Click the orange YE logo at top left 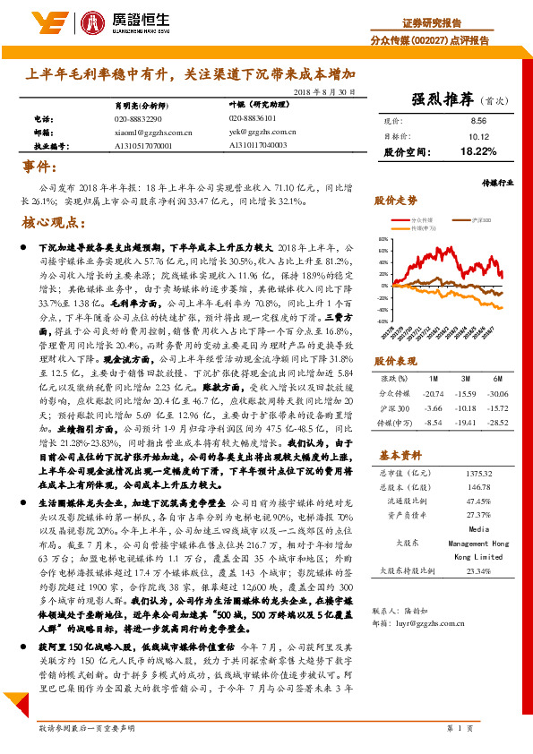[43, 22]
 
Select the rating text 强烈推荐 [443, 99]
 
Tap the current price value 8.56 [477, 121]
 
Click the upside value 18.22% [477, 153]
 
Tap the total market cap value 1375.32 [478, 472]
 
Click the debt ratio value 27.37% [478, 516]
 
